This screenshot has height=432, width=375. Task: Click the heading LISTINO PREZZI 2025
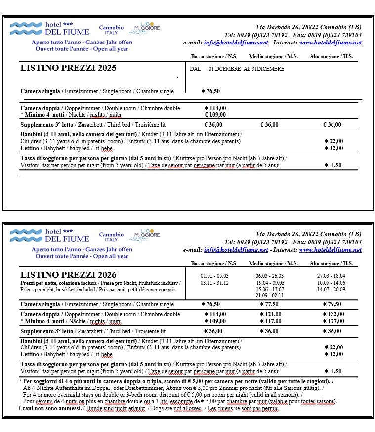(x=68, y=68)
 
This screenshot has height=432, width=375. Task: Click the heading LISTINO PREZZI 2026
(x=68, y=275)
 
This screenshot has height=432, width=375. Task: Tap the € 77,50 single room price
(x=269, y=304)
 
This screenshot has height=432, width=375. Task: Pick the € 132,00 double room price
(x=333, y=314)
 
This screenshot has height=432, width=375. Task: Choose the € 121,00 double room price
(x=270, y=314)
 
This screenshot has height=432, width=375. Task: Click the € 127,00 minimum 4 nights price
(x=333, y=321)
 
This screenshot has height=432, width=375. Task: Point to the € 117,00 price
(x=270, y=321)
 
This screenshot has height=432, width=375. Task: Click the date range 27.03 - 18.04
(x=332, y=275)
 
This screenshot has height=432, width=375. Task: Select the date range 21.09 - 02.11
(x=270, y=295)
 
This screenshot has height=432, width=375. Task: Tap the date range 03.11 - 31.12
(x=214, y=282)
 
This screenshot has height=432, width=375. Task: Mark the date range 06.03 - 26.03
(x=270, y=275)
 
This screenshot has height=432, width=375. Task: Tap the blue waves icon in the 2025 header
(x=26, y=25)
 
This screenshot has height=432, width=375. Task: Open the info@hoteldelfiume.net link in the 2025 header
(x=236, y=43)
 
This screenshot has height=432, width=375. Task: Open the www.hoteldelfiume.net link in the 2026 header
(x=330, y=250)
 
